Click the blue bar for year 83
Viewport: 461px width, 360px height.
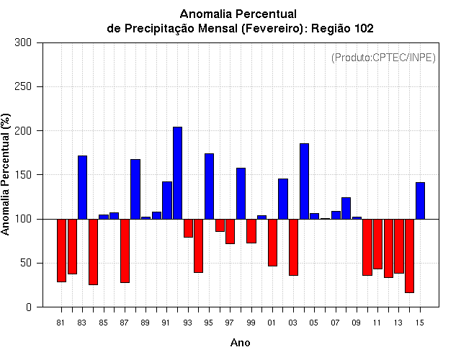(x=83, y=187)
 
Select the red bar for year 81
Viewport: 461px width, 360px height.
(x=61, y=251)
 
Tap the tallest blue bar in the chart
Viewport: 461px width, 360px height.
(x=178, y=173)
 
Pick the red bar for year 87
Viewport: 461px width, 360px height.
(x=125, y=251)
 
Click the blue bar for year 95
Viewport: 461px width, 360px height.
(x=210, y=186)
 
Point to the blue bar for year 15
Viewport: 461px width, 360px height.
(x=421, y=201)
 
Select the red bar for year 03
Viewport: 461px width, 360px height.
(x=293, y=247)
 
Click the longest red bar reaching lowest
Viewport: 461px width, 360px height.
(x=410, y=256)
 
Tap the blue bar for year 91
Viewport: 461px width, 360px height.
(x=167, y=200)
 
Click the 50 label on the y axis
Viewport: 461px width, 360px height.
(x=26, y=263)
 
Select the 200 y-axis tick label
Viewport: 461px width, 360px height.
(x=23, y=131)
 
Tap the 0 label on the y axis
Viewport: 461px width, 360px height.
(x=29, y=307)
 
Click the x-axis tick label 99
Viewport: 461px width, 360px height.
(x=251, y=323)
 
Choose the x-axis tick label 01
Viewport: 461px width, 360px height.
(x=272, y=323)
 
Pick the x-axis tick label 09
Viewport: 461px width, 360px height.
(x=356, y=323)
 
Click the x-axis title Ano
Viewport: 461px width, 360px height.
(x=240, y=343)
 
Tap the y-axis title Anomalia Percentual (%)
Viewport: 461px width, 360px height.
(x=6, y=174)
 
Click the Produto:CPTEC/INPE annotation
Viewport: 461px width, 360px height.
(x=383, y=58)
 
